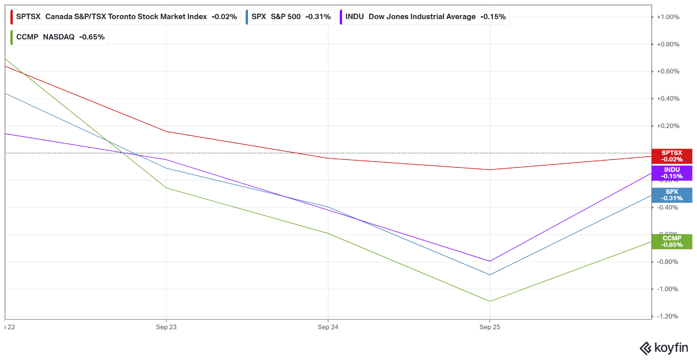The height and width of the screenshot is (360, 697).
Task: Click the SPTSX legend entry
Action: (126, 17)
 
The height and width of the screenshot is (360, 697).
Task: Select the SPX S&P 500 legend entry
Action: (291, 17)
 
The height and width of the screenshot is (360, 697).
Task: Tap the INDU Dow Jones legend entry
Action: (425, 17)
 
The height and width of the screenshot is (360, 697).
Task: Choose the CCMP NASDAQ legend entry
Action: (60, 37)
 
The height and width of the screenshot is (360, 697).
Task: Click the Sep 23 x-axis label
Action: (166, 327)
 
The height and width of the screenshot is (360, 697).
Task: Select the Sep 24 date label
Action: (328, 327)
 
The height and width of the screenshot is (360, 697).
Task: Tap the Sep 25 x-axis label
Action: (490, 327)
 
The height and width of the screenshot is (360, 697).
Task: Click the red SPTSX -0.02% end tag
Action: (672, 156)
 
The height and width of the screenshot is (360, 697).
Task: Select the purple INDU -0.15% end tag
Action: (672, 173)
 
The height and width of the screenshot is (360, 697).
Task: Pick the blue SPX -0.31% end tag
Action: (672, 195)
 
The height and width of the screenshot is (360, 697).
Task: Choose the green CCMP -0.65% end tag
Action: (672, 241)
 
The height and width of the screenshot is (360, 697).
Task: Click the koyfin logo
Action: (663, 348)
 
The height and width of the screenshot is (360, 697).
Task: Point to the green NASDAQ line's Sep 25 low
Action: (490, 301)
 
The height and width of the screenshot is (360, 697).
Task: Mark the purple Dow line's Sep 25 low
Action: (490, 261)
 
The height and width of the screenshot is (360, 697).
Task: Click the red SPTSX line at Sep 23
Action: (167, 132)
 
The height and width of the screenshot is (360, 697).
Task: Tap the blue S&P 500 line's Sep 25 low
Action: (490, 275)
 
